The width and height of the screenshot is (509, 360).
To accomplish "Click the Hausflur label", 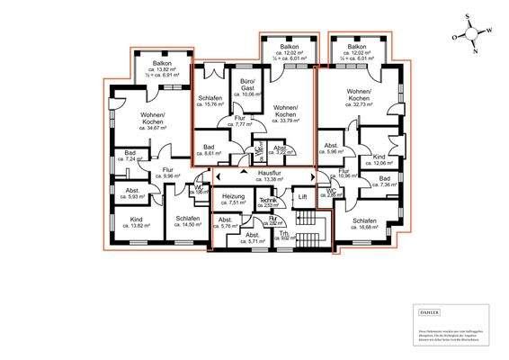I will click(270, 174).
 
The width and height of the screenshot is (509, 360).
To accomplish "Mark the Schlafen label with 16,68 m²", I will click(364, 225).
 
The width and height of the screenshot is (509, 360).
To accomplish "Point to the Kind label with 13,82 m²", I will click(137, 223).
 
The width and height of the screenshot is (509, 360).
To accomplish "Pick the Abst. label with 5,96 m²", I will click(331, 148).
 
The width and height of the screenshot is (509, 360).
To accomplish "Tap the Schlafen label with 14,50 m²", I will click(187, 223).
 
